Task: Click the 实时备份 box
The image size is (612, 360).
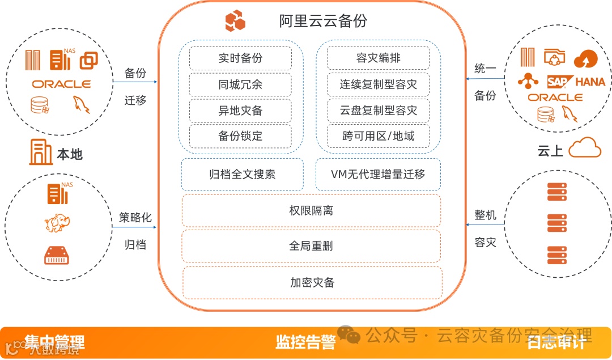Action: click(x=240, y=58)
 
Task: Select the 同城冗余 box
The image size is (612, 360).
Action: click(x=240, y=84)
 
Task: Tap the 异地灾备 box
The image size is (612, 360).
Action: click(x=240, y=111)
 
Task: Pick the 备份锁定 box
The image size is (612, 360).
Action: click(x=240, y=137)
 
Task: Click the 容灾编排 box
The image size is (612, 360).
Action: click(x=378, y=58)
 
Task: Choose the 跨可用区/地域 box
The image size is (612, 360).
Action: click(x=378, y=137)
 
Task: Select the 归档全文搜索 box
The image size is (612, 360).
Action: click(x=242, y=174)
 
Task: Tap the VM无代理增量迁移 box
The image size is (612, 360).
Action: click(x=378, y=174)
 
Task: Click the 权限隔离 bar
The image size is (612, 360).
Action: click(x=311, y=210)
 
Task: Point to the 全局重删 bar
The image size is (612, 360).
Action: click(x=311, y=245)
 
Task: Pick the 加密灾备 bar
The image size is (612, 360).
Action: click(x=312, y=282)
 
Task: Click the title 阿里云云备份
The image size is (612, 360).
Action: click(x=323, y=21)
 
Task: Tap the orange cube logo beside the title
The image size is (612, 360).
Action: click(x=235, y=21)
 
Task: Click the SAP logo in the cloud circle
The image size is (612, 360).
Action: click(x=558, y=82)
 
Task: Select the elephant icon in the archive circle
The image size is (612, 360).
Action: click(x=57, y=224)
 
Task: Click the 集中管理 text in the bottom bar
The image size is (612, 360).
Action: click(x=54, y=342)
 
